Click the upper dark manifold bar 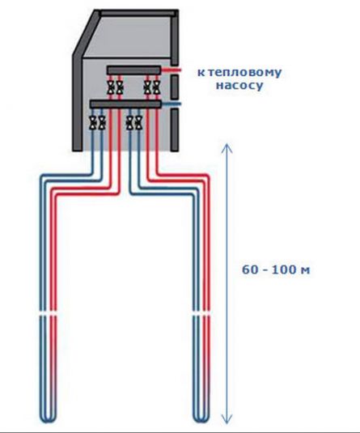click(134, 70)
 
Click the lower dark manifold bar click(125, 104)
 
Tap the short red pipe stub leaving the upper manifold click(172, 70)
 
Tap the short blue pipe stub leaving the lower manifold click(172, 104)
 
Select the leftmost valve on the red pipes click(112, 87)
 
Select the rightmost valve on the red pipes click(156, 87)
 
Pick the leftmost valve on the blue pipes click(93, 123)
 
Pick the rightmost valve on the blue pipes click(138, 123)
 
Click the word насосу click(239, 85)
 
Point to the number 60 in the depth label click(249, 270)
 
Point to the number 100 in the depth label click(283, 270)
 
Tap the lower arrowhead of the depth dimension click(227, 420)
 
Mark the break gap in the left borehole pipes click(49, 314)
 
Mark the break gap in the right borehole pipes click(201, 314)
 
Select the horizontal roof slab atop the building click(138, 13)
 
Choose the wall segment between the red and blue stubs click(175, 87)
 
